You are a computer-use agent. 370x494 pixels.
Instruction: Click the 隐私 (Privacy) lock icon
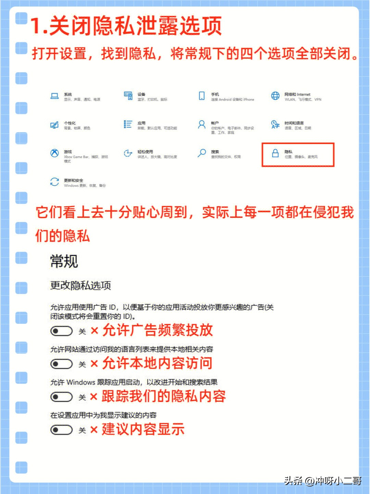pos(275,153)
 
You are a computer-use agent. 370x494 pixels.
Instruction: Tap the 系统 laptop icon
pos(54,96)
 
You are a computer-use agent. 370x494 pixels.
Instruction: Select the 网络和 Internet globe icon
pos(275,96)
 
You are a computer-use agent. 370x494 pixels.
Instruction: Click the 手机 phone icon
pos(202,96)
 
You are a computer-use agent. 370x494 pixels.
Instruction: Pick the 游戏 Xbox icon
pos(54,153)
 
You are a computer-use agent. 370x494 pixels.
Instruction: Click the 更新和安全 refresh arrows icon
pos(54,182)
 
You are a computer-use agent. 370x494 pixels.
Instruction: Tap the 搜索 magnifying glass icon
pos(202,153)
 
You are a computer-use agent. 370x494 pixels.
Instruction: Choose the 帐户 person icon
pos(202,124)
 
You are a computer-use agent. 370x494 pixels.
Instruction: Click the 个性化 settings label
pos(70,123)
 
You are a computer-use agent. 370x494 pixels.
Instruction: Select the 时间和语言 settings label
pos(294,123)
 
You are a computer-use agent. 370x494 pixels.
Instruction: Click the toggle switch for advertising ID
pos(61,331)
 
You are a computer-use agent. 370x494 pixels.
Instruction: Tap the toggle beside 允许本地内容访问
pos(61,364)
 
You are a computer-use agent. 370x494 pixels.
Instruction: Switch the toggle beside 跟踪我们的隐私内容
pos(61,397)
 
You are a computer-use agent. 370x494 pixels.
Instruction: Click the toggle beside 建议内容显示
pos(61,430)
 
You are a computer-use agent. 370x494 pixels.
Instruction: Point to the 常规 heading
pos(64,261)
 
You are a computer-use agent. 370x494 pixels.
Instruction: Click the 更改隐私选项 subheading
pos(81,285)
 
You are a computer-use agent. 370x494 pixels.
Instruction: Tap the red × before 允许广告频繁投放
pos(94,331)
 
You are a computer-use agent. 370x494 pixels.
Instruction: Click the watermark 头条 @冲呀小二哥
pos(322,481)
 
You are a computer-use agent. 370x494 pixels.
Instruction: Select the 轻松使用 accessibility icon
pos(128,153)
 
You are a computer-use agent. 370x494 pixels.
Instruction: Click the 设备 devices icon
pos(128,96)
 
